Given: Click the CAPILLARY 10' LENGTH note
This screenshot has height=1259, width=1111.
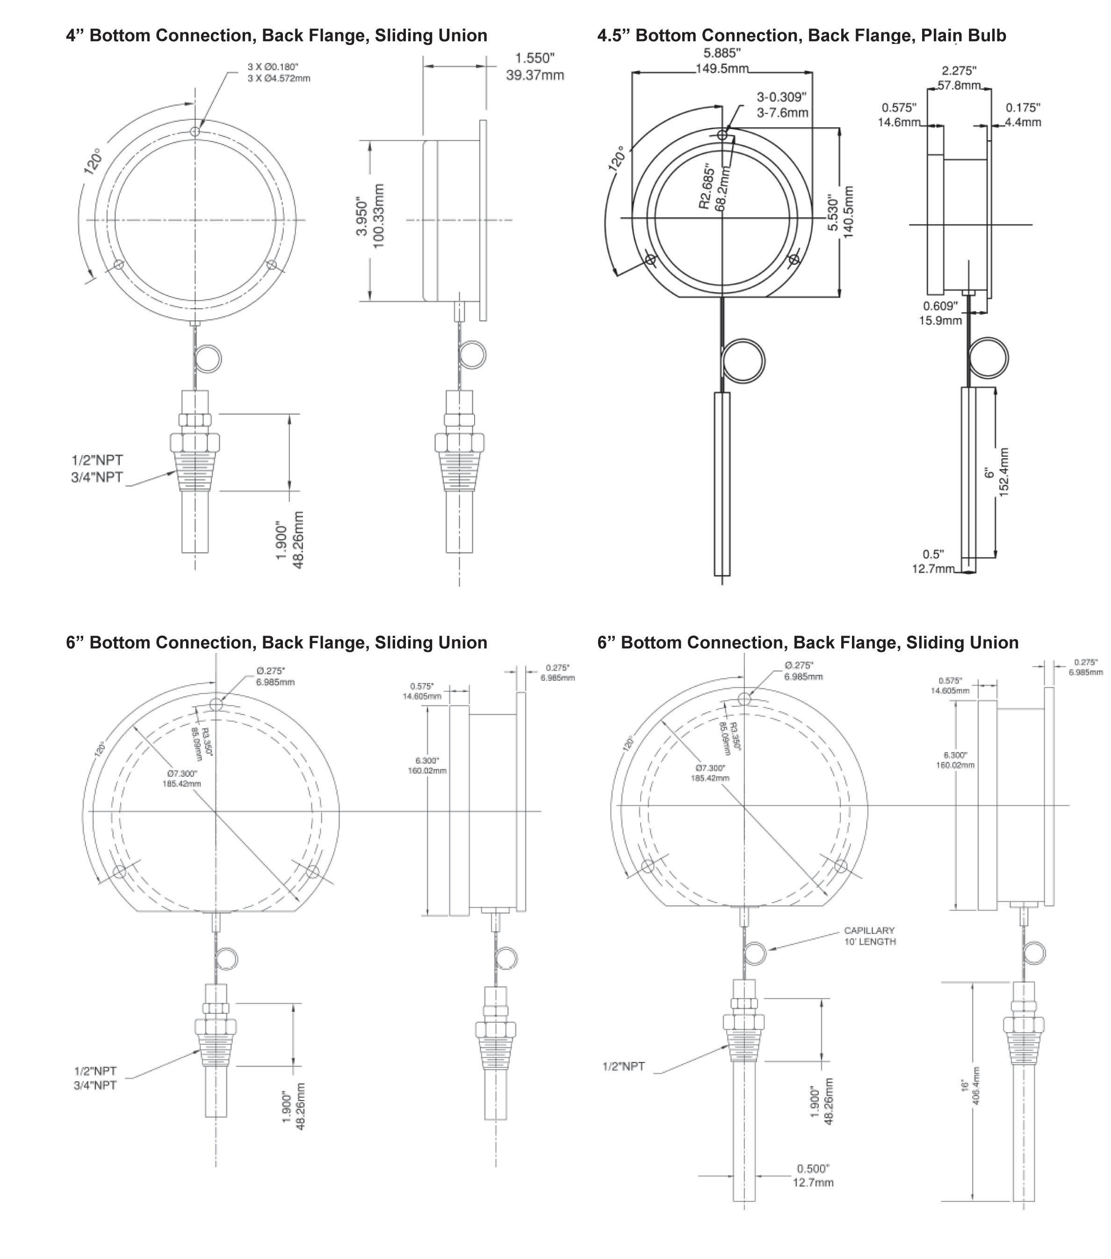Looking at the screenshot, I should pos(870,936).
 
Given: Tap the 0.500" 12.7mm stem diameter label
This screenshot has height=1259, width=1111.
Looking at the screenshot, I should pos(813,1175).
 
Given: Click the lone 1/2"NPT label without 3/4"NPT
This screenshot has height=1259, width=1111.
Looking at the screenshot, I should pos(623,1066).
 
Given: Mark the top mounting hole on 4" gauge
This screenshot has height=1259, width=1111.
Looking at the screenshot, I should pos(195,131).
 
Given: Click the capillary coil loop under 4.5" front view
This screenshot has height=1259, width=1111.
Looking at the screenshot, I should pos(743,360).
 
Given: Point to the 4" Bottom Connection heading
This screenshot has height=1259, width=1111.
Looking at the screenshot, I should pos(276,36).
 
